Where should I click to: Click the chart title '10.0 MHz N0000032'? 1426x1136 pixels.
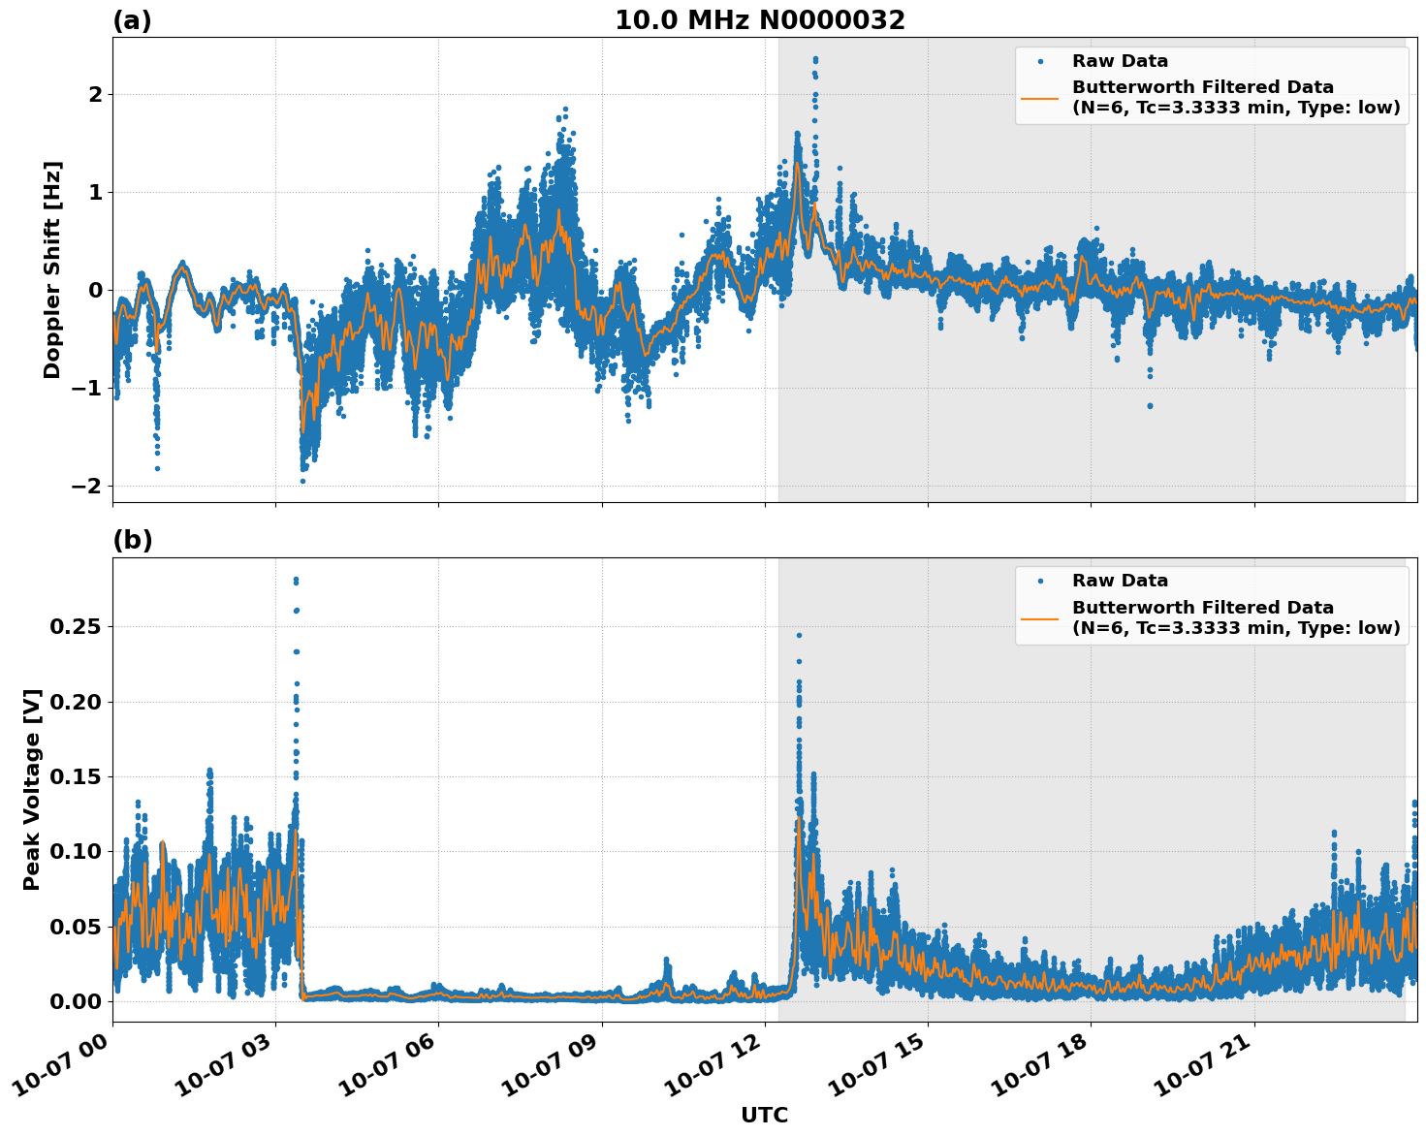(759, 20)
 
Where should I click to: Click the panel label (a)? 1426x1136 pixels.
(132, 20)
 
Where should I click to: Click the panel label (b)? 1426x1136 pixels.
(132, 540)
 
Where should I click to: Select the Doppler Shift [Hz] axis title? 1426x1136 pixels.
(52, 269)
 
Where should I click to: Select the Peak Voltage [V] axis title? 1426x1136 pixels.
(32, 790)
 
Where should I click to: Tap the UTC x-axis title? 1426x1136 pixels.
(764, 1115)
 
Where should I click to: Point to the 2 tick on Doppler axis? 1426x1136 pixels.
(95, 95)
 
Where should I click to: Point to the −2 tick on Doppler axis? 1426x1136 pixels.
(88, 486)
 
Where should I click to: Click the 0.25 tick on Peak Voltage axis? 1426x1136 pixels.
(75, 627)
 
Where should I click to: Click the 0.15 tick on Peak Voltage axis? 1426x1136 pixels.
(75, 777)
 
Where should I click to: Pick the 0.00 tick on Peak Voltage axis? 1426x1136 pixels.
(75, 1001)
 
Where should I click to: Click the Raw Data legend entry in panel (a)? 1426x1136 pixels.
(1120, 61)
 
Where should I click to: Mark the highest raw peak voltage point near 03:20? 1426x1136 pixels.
(296, 580)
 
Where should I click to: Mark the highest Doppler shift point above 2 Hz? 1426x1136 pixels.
(815, 59)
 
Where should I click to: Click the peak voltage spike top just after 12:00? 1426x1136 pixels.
(799, 635)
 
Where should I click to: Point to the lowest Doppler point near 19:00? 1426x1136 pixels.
(1150, 405)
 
